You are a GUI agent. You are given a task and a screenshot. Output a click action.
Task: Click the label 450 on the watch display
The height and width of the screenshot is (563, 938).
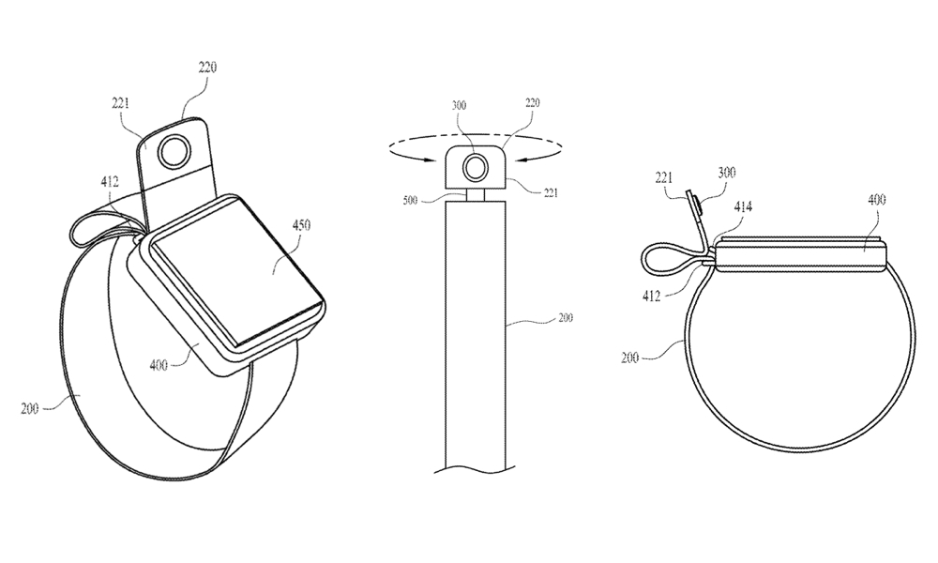click(x=301, y=225)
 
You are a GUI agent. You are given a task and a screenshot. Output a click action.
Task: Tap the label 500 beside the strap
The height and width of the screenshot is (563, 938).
click(x=410, y=201)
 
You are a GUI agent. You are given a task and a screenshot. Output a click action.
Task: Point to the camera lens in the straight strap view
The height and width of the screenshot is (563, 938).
click(x=477, y=167)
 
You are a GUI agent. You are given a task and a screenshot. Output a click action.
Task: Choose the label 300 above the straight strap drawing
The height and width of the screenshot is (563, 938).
click(x=460, y=105)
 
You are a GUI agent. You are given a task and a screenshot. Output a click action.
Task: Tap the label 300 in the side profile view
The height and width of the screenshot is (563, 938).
click(x=726, y=173)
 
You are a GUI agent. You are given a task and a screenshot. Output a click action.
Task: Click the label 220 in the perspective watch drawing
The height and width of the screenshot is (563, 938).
click(x=207, y=67)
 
